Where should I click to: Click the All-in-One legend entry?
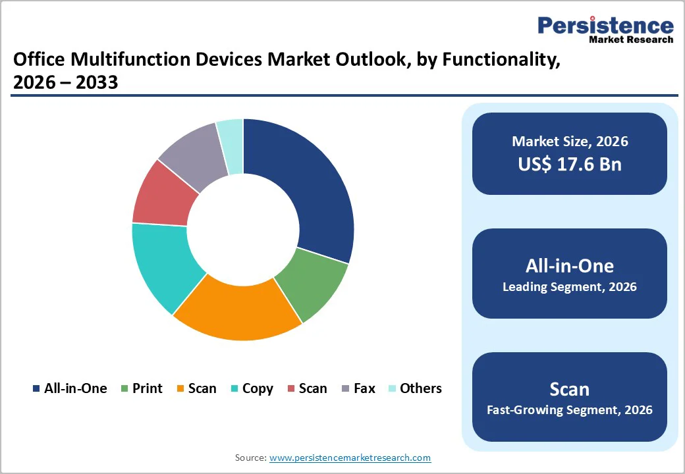(x=70, y=388)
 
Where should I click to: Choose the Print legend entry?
(x=142, y=388)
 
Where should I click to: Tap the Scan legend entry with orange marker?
(x=196, y=388)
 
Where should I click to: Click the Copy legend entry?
(x=251, y=388)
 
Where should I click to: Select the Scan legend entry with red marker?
(x=307, y=388)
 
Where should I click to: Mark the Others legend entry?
(x=415, y=388)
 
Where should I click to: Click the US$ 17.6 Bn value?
(x=570, y=164)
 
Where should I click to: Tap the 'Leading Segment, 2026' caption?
(x=570, y=287)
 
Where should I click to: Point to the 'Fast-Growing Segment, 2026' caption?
(x=570, y=410)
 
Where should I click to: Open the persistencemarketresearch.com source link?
(x=350, y=458)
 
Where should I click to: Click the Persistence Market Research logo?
(x=605, y=29)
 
